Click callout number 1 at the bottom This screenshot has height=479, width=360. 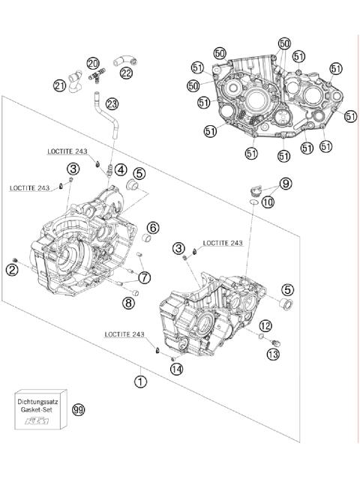coord(139,380)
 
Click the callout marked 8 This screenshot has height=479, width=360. coord(128,303)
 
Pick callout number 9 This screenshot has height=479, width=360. coord(286,183)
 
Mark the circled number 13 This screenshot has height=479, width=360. coord(273,353)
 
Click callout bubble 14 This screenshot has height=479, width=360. coord(175,368)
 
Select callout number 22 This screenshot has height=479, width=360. coord(126,73)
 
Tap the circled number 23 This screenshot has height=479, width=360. coord(112,103)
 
